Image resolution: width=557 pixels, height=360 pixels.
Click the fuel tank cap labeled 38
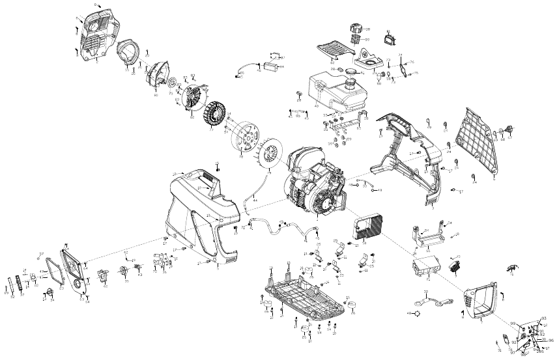click(x=356, y=29)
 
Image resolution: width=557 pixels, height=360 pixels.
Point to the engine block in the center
click(x=316, y=182)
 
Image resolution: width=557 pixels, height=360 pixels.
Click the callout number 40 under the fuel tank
click(x=317, y=106)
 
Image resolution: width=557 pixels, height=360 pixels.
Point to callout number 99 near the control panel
click(x=513, y=324)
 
